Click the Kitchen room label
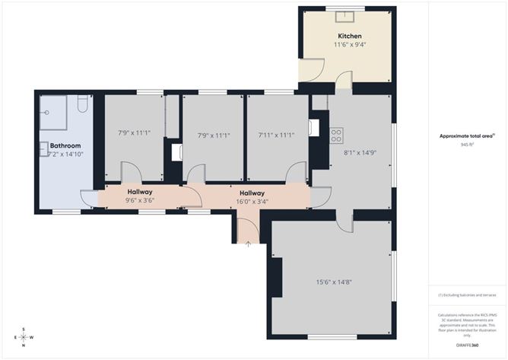point(349,36)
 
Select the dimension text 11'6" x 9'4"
point(349,45)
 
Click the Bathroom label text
point(65,145)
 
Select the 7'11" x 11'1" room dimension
point(276,135)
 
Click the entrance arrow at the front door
point(249,243)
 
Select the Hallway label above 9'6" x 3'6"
point(140,192)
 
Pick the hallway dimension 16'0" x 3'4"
point(252,202)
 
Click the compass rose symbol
point(24,336)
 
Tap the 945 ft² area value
point(466,145)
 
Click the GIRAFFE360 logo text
point(466,345)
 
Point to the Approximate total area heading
point(466,136)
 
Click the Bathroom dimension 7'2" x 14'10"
point(65,154)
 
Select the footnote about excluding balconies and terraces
point(466,295)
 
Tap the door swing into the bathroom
point(90,198)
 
